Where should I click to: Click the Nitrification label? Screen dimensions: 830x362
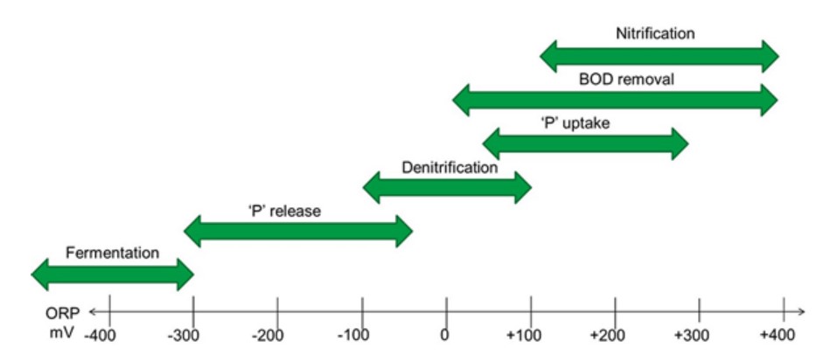655,33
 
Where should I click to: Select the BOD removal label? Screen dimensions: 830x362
626,80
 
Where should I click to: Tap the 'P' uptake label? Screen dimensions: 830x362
575,123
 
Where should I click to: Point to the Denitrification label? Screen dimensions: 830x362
450,168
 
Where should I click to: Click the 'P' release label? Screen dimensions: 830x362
284,212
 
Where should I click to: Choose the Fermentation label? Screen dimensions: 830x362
112,253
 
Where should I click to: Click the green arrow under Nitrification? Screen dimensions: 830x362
659,56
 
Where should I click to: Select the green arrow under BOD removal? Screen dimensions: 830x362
615,100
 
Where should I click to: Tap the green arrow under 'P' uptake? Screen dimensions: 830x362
585,143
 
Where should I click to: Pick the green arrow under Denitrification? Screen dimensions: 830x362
447,187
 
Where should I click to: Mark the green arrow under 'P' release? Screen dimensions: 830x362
298,231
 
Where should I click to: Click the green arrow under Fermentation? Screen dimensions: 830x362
113,275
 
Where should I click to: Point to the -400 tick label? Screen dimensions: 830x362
104,336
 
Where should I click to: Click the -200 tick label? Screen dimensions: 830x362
271,336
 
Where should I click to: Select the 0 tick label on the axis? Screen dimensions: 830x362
444,336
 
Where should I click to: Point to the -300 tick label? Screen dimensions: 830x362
187,336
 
